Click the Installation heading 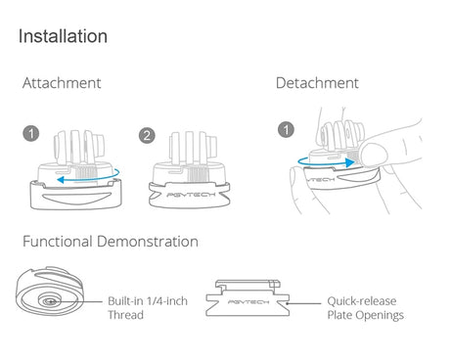(63, 36)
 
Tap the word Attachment (62, 83)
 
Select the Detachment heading (317, 83)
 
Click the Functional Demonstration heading (111, 242)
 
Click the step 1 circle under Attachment (31, 133)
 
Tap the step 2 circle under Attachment (147, 136)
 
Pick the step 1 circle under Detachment (286, 129)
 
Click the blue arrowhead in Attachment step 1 (61, 180)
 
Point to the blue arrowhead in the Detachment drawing (350, 162)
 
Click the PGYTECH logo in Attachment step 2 (191, 195)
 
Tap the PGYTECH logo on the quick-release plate (248, 302)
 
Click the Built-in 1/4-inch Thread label (148, 308)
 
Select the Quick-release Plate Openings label (366, 308)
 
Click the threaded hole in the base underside (50, 301)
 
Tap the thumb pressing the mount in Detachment (375, 155)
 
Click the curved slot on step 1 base (75, 198)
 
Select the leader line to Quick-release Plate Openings (304, 303)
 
